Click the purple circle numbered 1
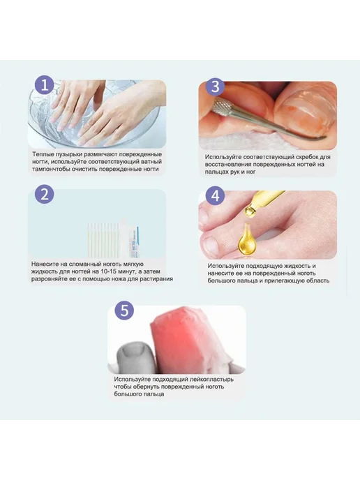(x=45, y=85)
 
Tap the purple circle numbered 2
(x=45, y=195)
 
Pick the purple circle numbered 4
(x=216, y=196)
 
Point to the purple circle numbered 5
(x=124, y=310)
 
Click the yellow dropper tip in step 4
(x=250, y=211)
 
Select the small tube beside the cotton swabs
(x=134, y=242)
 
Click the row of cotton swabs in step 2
(x=103, y=239)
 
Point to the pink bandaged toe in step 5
(x=188, y=339)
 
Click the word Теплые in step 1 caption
(x=43, y=154)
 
